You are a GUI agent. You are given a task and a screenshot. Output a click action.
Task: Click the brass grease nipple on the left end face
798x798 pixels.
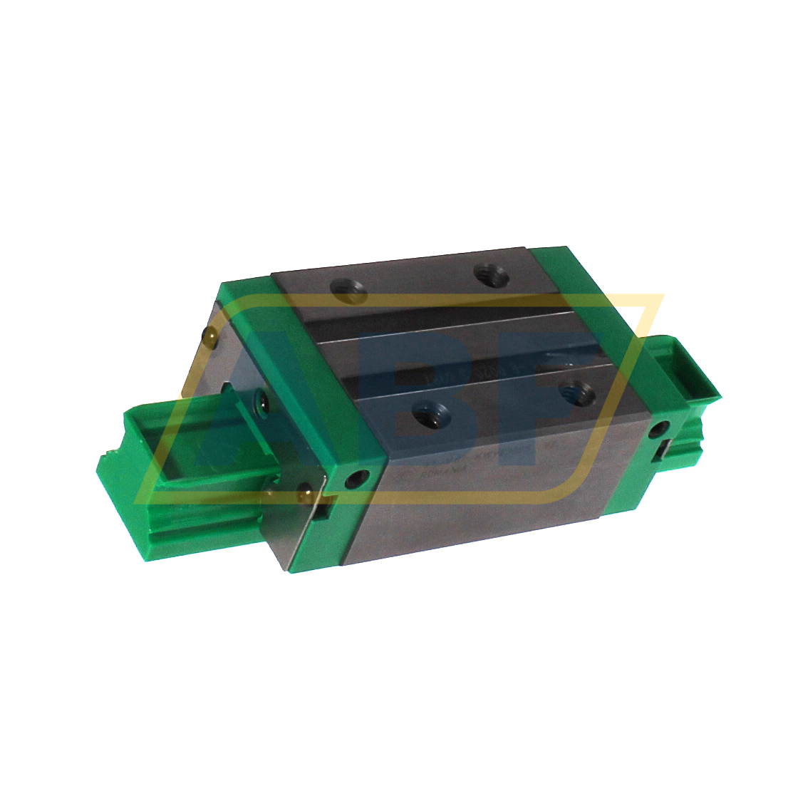click(209, 334)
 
